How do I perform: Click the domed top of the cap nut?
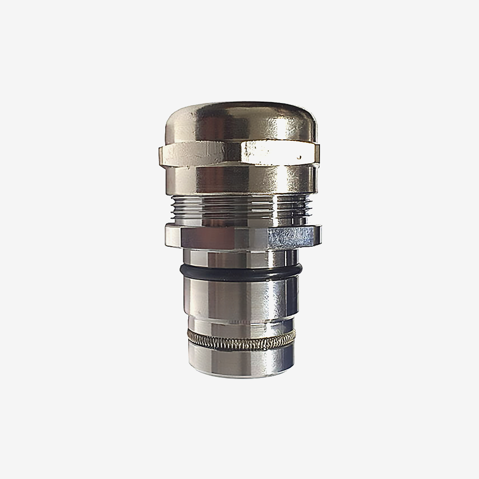[239, 120]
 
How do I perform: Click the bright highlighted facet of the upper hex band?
[273, 152]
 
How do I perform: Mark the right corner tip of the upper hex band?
[320, 154]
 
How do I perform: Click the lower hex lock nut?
[239, 235]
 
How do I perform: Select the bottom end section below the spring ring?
[239, 357]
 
